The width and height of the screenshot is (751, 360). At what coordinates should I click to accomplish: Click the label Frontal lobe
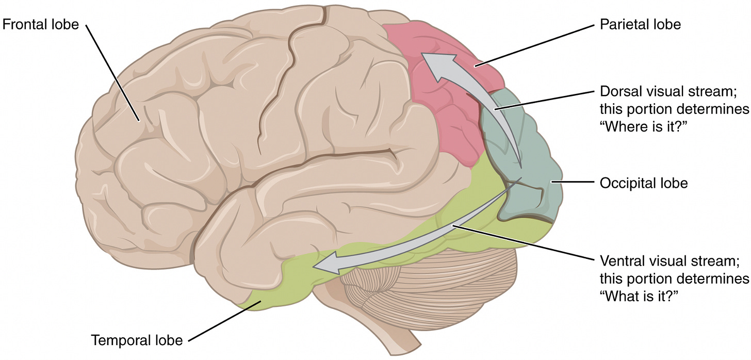[41, 24]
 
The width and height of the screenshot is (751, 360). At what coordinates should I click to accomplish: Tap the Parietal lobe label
[641, 24]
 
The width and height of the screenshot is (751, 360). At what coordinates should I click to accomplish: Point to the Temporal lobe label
[137, 340]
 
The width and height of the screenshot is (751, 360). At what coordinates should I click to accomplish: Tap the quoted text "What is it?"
[638, 295]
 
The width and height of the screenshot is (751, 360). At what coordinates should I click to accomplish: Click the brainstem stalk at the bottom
[407, 335]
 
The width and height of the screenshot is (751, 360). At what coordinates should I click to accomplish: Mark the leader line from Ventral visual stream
[521, 242]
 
